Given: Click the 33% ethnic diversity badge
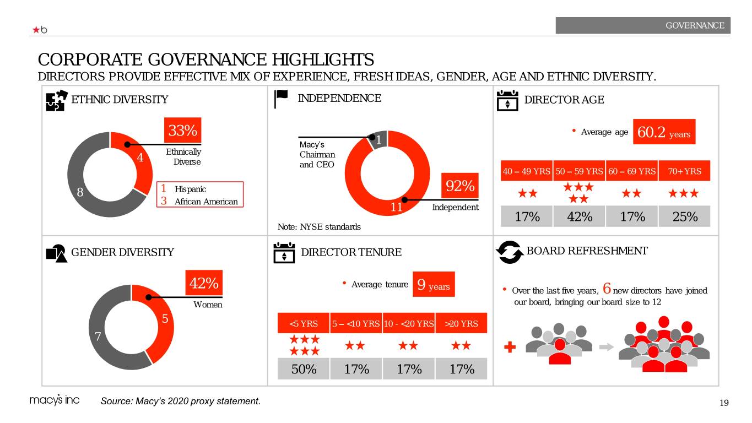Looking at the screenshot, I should point(183,131).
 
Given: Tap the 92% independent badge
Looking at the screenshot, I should point(460,186).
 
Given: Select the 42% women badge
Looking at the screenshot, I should point(204,284).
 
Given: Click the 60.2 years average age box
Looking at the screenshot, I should point(664,132).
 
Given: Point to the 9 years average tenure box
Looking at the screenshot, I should point(434,285).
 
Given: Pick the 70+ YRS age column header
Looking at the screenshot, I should point(684,171).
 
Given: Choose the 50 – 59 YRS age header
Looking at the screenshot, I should point(580,171).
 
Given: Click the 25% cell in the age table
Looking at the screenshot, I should point(684,216).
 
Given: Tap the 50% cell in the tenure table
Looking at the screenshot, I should point(304,369).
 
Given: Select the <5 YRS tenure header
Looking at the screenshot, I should point(304,323).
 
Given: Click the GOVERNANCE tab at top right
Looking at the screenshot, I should point(643,25).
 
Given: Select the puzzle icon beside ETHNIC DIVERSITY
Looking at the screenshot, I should point(57,100).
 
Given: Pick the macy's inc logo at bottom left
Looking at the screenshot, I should point(54,401).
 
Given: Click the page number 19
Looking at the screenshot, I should point(724,403).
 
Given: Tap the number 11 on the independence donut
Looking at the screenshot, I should point(396,208).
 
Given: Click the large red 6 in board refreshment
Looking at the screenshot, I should point(607,288).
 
